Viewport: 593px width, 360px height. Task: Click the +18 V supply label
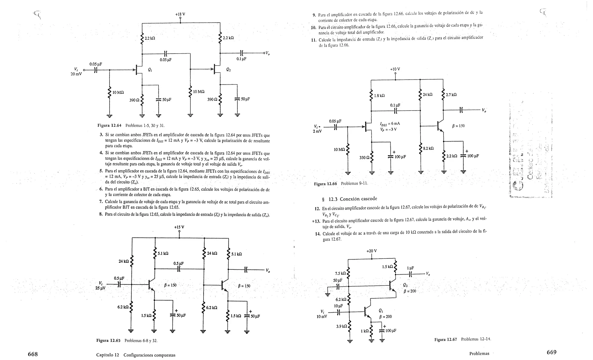pos(180,14)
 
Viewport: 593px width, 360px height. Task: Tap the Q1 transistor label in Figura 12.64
pos(150,69)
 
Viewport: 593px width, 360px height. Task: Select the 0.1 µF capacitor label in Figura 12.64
pos(241,59)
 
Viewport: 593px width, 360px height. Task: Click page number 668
pos(33,354)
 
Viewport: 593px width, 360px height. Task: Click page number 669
pos(552,352)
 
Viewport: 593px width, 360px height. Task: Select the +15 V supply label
pos(179,227)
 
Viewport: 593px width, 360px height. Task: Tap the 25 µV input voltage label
pos(100,288)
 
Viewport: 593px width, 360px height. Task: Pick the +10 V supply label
pos(395,69)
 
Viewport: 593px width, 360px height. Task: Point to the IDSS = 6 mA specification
pos(390,124)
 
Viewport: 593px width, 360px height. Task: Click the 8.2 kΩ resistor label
pos(429,148)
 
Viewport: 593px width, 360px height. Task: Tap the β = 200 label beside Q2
pos(410,291)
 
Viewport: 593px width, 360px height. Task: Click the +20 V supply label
pos(371,251)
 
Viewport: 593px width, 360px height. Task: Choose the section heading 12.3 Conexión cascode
pos(352,199)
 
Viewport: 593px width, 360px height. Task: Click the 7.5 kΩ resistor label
pos(340,273)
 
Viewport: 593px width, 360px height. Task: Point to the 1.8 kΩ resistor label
pos(379,95)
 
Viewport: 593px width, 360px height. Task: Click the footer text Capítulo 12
pos(108,355)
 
